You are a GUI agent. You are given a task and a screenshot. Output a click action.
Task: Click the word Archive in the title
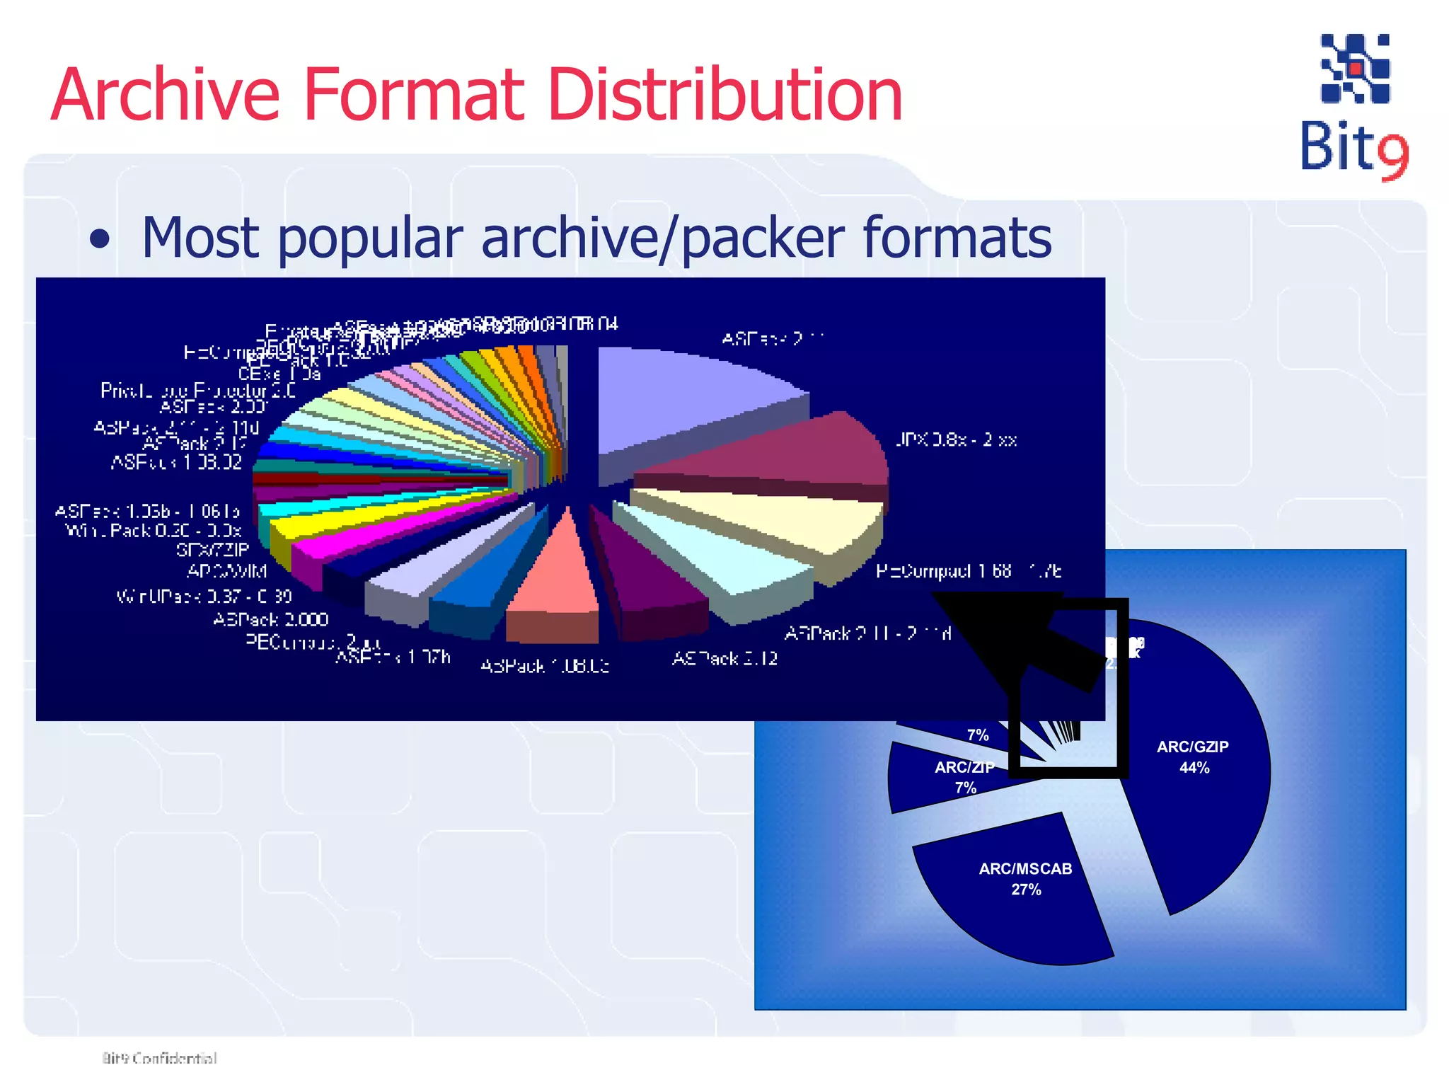pyautogui.click(x=166, y=96)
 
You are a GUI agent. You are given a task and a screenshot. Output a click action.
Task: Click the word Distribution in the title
pyautogui.click(x=725, y=96)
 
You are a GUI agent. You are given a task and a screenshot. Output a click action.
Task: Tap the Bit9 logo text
pyautogui.click(x=1353, y=149)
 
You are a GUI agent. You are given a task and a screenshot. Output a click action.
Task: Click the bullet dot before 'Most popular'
pyautogui.click(x=100, y=239)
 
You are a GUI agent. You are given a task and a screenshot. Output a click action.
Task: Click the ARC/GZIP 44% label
pyautogui.click(x=1193, y=757)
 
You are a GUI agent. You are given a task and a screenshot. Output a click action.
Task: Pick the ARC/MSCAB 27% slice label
pyautogui.click(x=1025, y=879)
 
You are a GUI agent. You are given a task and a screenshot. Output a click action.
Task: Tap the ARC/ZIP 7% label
pyautogui.click(x=964, y=777)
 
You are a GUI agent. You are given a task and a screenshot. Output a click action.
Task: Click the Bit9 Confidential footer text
pyautogui.click(x=159, y=1058)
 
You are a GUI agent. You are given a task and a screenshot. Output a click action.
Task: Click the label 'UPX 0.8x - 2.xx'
pyautogui.click(x=956, y=440)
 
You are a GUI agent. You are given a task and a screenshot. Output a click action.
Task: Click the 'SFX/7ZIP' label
pyautogui.click(x=212, y=550)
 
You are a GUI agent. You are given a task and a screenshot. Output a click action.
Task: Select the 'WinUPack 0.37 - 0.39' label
pyautogui.click(x=204, y=597)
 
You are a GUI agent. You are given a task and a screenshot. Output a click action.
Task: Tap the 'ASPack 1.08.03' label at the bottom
pyautogui.click(x=544, y=666)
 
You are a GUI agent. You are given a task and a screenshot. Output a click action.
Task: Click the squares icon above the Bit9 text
pyautogui.click(x=1355, y=69)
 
